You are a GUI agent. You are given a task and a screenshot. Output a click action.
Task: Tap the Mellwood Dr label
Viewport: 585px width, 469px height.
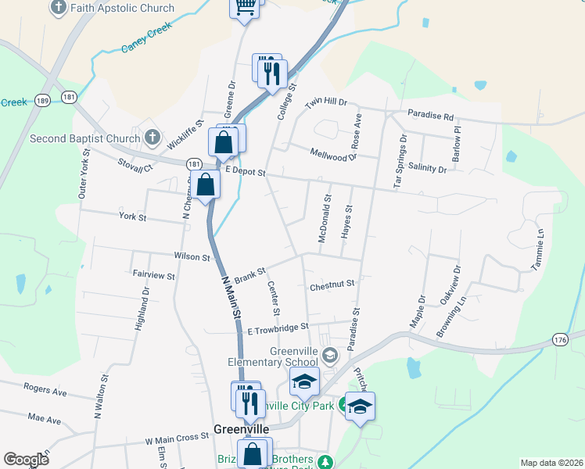pos(333,155)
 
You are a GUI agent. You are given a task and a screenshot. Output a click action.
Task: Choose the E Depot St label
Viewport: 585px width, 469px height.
pos(246,170)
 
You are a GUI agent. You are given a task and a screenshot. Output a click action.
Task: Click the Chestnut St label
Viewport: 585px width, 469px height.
pos(332,285)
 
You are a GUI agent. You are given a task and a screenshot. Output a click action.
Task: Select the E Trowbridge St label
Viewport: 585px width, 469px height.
pos(278,329)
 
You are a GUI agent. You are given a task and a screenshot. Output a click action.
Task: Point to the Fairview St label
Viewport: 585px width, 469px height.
pos(153,275)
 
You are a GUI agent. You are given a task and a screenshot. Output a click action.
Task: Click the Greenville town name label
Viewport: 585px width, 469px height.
pos(242,429)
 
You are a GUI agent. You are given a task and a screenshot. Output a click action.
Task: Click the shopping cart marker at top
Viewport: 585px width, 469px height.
pos(245,7)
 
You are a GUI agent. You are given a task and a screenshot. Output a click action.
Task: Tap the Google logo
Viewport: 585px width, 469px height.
pos(26,460)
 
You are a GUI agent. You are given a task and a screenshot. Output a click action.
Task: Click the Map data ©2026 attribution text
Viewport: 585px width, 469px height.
pos(551,463)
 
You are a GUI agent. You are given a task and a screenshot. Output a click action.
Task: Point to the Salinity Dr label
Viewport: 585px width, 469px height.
pos(427,169)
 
